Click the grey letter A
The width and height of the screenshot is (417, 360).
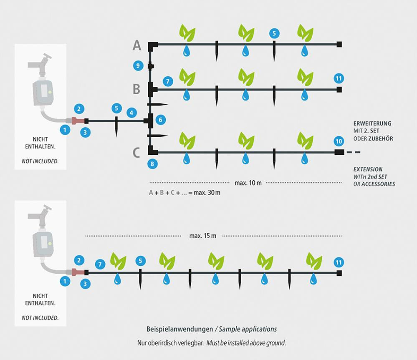click(137, 45)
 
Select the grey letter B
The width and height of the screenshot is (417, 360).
click(136, 89)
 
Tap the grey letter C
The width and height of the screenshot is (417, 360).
click(136, 153)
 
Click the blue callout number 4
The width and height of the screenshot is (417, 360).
click(131, 113)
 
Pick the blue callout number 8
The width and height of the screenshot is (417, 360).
click(152, 164)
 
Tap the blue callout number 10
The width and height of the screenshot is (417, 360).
click(339, 141)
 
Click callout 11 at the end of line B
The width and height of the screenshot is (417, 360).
click(339, 78)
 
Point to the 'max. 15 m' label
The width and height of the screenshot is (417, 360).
click(203, 236)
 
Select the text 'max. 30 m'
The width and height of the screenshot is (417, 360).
click(207, 193)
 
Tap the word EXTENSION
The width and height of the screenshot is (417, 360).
click(368, 169)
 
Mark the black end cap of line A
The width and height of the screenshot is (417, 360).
click(339, 44)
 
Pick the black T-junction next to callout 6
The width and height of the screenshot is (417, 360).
click(149, 121)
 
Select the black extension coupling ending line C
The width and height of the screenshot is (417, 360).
click(339, 152)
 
